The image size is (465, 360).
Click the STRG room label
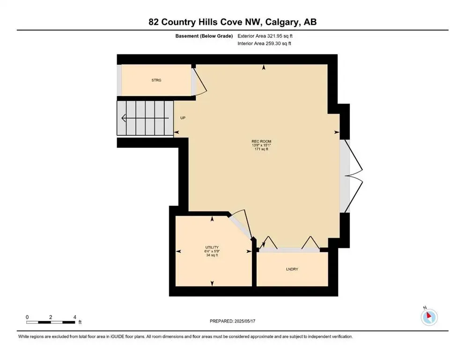(156, 81)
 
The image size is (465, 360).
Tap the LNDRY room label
(292, 269)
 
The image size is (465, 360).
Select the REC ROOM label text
(261, 142)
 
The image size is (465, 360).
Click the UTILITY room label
(212, 247)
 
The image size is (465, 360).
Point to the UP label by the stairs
(183, 118)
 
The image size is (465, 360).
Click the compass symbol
(429, 317)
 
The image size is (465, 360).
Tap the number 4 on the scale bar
(75, 317)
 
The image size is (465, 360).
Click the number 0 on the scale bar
(27, 317)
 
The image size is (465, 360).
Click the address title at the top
(232, 22)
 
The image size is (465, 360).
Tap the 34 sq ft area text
(212, 255)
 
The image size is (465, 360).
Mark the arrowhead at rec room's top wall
(264, 68)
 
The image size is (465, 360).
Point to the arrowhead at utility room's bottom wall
(212, 283)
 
